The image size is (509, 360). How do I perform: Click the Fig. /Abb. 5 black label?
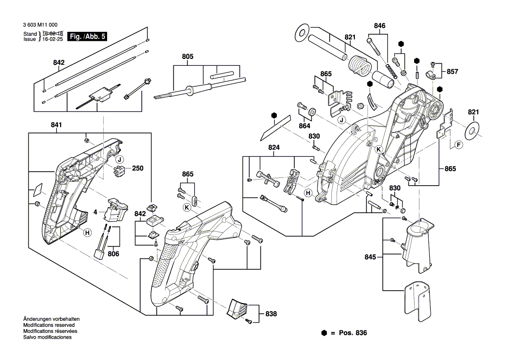88,37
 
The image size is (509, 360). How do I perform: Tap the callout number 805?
188,57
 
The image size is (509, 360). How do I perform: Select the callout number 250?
138,168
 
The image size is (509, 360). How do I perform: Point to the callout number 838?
271,313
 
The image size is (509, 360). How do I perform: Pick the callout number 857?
452,71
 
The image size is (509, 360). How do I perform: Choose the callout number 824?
274,148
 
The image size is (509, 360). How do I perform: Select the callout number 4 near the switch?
94,213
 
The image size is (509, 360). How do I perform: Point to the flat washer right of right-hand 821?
473,130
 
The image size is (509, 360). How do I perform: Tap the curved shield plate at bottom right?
417,301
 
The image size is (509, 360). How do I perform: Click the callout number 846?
380,26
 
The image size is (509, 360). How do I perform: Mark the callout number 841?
56,125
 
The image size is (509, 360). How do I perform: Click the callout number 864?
304,126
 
